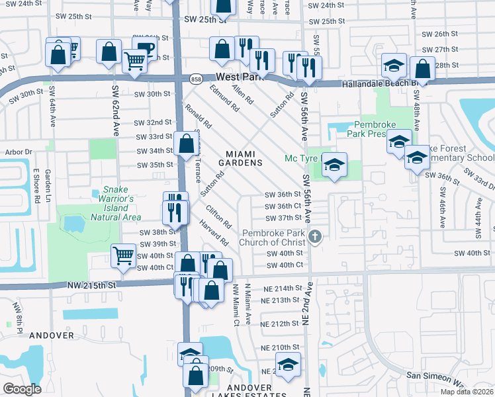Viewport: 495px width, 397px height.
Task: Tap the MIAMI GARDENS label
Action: [242, 158]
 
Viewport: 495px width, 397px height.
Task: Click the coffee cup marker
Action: [144, 50]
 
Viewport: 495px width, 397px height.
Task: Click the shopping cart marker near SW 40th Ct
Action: [124, 256]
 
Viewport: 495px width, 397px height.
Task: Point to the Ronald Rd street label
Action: [198, 116]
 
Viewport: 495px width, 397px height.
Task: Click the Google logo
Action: [22, 389]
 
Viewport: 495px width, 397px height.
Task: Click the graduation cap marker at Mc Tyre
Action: [335, 165]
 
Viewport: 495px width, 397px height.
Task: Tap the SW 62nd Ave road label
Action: [115, 109]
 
